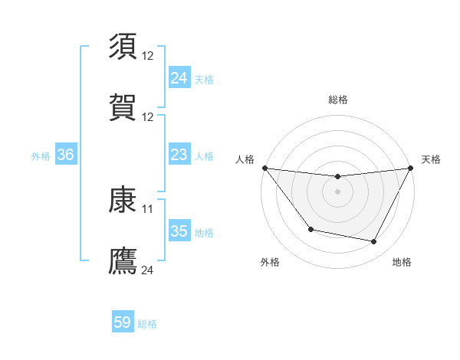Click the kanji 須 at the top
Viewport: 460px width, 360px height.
[x=123, y=47]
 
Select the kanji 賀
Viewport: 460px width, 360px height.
[x=123, y=107]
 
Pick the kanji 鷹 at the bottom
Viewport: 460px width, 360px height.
[x=123, y=260]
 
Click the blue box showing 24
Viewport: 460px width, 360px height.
[x=179, y=78]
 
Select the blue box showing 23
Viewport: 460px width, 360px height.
[x=179, y=155]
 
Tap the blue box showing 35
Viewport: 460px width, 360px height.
[x=179, y=231]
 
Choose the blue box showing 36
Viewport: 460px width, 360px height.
[x=65, y=155]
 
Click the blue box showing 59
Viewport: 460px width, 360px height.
[x=122, y=323]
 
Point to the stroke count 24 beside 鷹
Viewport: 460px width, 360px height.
[x=148, y=270]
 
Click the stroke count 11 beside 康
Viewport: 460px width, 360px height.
[x=148, y=208]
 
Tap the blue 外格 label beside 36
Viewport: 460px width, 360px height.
[x=41, y=155]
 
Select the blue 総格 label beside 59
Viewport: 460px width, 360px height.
[x=147, y=324]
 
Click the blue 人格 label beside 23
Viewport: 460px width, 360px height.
[x=204, y=155]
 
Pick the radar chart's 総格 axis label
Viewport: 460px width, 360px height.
[x=338, y=100]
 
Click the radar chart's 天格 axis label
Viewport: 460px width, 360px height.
[x=431, y=159]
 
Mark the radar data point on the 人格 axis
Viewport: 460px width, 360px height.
[x=265, y=168]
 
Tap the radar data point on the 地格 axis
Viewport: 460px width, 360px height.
[x=374, y=242]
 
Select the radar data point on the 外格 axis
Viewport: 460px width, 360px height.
[x=310, y=229]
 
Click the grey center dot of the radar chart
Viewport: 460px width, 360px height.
[x=338, y=191]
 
